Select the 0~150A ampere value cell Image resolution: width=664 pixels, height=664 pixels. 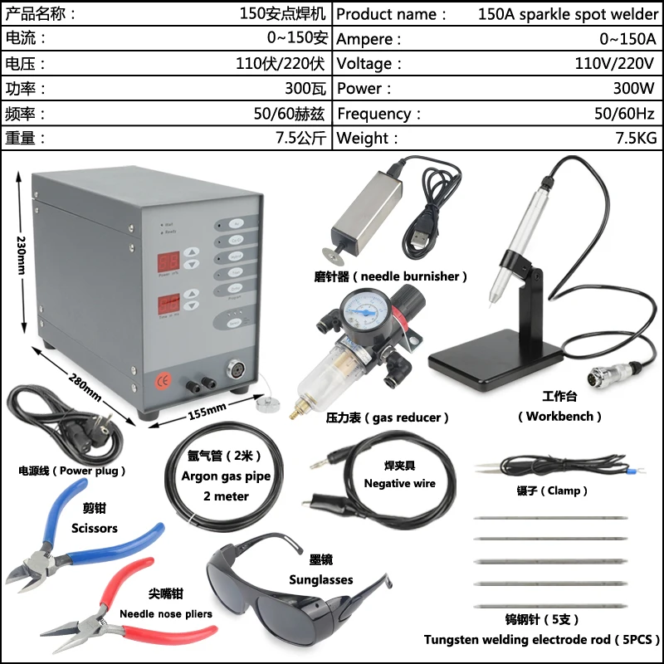[x=627, y=38]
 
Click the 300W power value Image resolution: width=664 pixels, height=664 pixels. [x=635, y=88]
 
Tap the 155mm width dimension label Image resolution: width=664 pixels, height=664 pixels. [x=207, y=409]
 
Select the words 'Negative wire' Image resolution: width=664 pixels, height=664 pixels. [x=399, y=483]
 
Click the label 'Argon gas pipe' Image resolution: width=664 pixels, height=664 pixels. [x=214, y=476]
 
